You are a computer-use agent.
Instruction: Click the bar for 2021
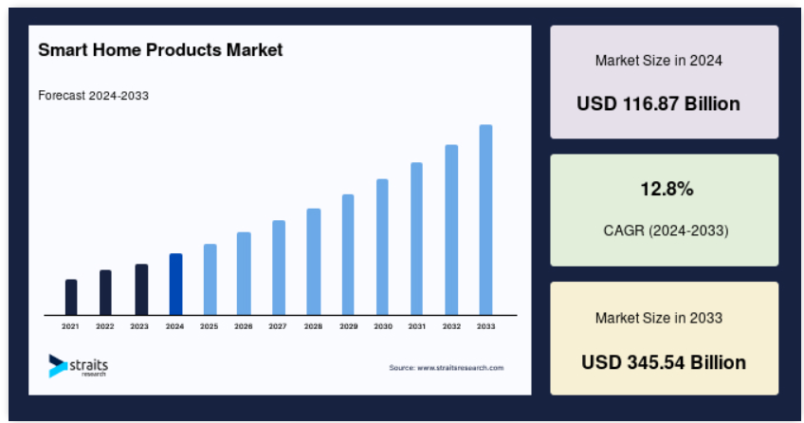tap(71, 298)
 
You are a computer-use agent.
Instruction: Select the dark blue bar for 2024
tap(176, 284)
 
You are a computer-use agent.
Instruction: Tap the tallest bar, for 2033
tap(486, 220)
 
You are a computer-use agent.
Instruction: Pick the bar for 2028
tap(314, 262)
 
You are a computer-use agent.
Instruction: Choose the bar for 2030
tap(382, 248)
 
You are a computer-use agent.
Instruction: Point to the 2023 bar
tap(141, 289)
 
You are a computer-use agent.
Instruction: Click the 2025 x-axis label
tap(210, 326)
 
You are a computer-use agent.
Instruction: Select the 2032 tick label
tap(451, 326)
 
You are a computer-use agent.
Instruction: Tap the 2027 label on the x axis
tap(278, 326)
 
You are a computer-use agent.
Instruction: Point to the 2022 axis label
tap(105, 326)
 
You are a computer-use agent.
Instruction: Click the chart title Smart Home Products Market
tap(160, 49)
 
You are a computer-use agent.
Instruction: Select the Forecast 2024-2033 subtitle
tap(93, 96)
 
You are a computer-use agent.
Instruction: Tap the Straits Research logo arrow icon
tap(58, 365)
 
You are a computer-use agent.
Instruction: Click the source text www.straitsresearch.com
tap(461, 368)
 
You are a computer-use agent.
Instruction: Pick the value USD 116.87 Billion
tap(658, 103)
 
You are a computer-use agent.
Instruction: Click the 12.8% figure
tap(667, 189)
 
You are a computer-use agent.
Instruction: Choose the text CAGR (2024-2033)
tap(667, 230)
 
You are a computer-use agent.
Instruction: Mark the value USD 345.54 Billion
tap(664, 362)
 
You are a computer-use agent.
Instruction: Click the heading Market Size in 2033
tap(659, 318)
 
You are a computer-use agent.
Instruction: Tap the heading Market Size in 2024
tap(659, 61)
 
